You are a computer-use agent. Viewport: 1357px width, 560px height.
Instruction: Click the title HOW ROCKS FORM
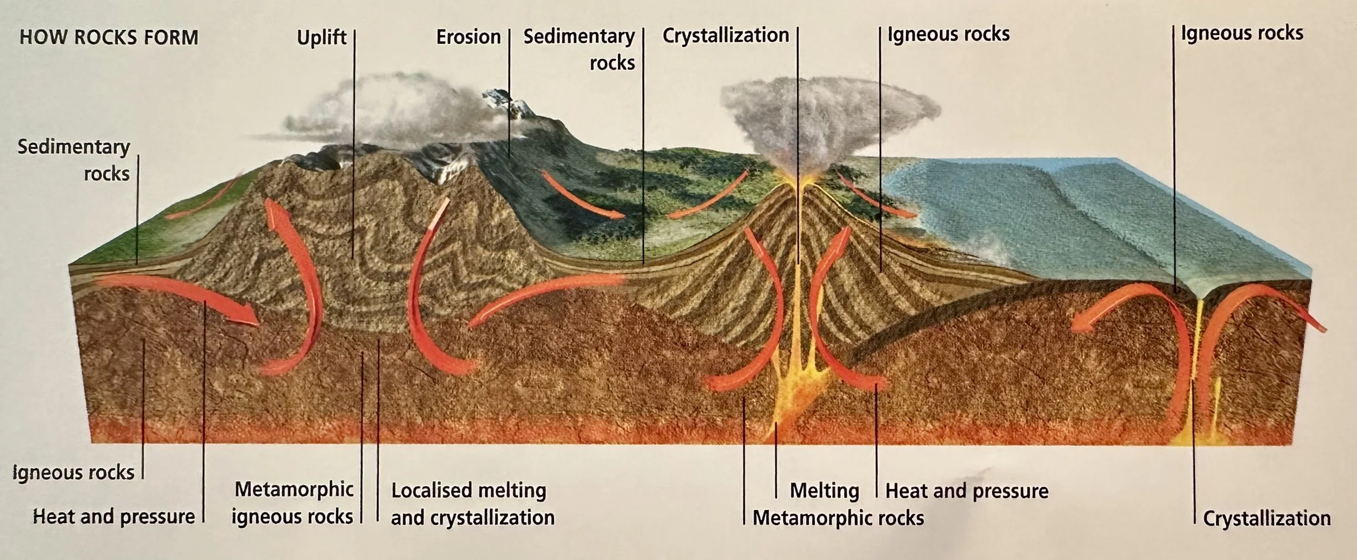(x=109, y=38)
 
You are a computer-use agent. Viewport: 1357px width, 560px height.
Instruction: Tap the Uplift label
(x=321, y=37)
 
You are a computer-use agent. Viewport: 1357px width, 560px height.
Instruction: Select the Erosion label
(x=468, y=37)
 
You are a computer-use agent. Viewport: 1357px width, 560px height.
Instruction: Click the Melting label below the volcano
(x=824, y=491)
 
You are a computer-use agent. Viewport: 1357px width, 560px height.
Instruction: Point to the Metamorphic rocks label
(x=838, y=518)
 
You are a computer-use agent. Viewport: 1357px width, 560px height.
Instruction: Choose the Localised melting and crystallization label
(x=472, y=504)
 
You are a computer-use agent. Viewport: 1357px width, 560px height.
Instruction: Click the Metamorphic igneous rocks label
(x=293, y=503)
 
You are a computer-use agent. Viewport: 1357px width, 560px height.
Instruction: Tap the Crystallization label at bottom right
(x=1267, y=519)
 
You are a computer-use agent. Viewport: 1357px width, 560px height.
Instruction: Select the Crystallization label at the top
(x=726, y=35)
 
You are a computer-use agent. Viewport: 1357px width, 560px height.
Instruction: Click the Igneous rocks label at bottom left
(x=73, y=473)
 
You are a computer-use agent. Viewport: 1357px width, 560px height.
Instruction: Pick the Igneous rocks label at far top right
(x=1242, y=34)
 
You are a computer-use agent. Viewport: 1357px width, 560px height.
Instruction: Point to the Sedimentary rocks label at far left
(x=74, y=160)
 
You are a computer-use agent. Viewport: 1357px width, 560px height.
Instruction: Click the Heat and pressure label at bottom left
(x=114, y=517)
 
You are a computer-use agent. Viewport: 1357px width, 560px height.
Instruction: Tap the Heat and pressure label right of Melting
(x=967, y=491)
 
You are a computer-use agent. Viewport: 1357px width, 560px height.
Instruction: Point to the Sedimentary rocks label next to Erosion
(x=580, y=49)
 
